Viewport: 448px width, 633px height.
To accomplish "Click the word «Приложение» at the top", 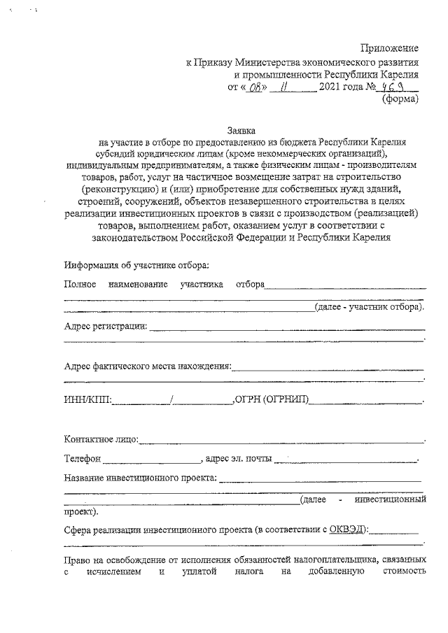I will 390,48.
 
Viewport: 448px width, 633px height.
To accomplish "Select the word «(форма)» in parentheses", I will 400,99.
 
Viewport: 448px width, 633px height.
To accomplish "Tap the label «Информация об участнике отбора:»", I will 136,266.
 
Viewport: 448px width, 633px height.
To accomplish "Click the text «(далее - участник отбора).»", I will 369,307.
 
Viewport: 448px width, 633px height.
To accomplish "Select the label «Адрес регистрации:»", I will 105,326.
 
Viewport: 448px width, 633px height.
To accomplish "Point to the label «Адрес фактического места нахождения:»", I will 147,366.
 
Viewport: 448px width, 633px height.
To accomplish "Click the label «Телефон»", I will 83,460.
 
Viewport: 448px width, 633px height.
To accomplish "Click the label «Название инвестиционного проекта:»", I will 140,479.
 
